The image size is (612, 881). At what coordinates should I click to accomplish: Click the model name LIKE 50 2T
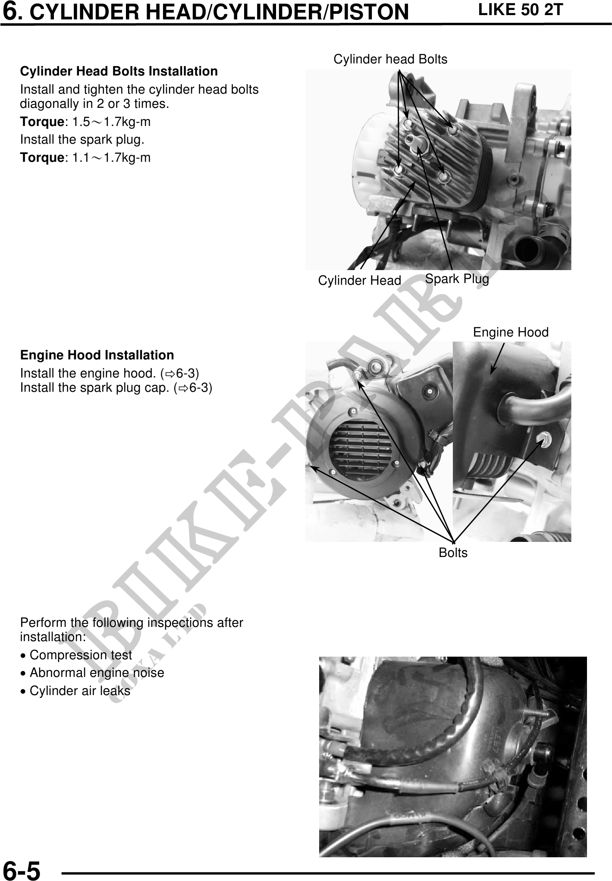(x=521, y=10)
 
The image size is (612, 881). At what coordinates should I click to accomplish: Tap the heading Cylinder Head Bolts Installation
(x=119, y=71)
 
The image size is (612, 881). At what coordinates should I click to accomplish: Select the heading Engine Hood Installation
(x=97, y=355)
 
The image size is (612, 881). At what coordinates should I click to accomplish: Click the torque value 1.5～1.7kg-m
(x=111, y=122)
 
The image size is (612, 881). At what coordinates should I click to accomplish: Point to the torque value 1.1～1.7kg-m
(x=111, y=158)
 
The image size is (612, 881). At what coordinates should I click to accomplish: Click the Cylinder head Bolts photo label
(x=390, y=59)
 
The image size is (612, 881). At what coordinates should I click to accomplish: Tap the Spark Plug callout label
(x=457, y=279)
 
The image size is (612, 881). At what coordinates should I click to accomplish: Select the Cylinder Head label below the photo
(x=360, y=281)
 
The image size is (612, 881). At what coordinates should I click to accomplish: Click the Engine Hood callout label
(x=511, y=332)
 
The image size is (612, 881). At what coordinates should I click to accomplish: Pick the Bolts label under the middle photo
(x=453, y=553)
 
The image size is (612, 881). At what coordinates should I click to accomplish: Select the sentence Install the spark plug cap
(x=116, y=388)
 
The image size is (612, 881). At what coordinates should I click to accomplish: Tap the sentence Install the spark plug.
(x=82, y=140)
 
